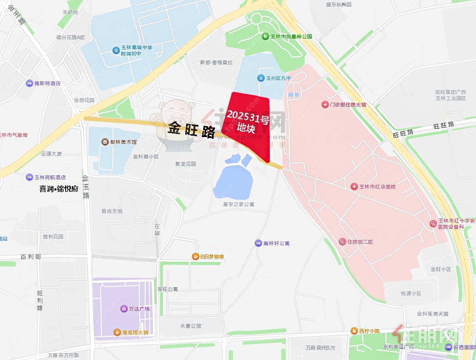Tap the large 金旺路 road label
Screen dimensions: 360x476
pos(191,130)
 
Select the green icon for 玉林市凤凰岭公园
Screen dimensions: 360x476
pos(265,36)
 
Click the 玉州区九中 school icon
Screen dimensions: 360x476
pos(261,78)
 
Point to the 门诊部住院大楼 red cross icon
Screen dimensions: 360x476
pos(325,105)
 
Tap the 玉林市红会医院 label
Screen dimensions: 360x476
pos(377,187)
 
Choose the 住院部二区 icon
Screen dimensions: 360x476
pos(342,242)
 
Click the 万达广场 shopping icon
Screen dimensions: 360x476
pos(124,309)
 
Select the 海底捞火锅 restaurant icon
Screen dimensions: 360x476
pos(117,332)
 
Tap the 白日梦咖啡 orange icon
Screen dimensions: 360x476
pos(195,257)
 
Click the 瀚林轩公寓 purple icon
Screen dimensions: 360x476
pos(258,243)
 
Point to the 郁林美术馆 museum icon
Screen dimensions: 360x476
pos(105,142)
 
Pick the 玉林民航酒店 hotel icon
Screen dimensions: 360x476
pos(30,177)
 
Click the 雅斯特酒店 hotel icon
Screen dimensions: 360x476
pos(29,83)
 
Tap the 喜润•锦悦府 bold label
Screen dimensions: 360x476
pos(59,189)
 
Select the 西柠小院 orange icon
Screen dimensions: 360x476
pos(354,331)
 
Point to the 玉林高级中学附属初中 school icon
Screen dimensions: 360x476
pos(116,51)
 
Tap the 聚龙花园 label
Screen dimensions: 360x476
pos(186,164)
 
